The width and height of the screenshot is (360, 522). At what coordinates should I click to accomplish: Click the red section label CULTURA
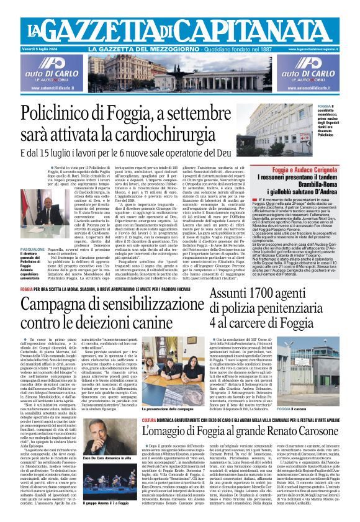[150, 420]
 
